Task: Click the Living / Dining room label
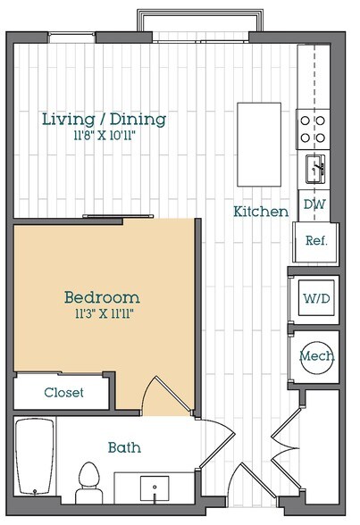tap(105, 120)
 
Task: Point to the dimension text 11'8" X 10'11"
tap(105, 136)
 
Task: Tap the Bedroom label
tap(102, 297)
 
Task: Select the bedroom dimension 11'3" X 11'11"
tap(105, 313)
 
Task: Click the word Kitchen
tap(261, 212)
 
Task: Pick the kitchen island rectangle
tap(259, 145)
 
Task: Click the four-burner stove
tap(313, 129)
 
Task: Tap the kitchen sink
tap(315, 169)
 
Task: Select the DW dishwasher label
tap(314, 204)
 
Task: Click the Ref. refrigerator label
tap(316, 240)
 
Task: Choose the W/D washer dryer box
tap(316, 298)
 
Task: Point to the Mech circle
tap(316, 357)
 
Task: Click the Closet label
tap(63, 393)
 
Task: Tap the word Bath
tap(124, 447)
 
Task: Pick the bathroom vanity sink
tap(155, 488)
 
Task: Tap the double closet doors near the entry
tap(285, 448)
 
